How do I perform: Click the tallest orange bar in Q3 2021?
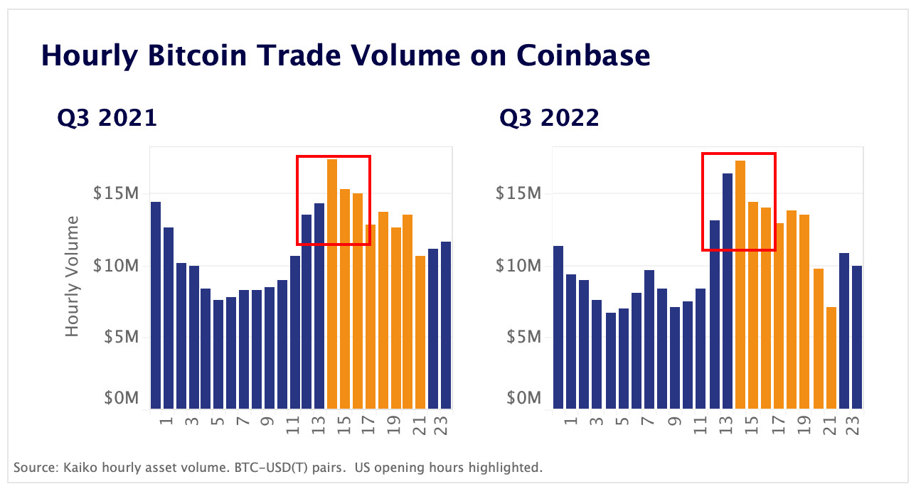(x=332, y=284)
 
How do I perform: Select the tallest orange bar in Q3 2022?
(x=740, y=285)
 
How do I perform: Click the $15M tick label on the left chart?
(x=116, y=193)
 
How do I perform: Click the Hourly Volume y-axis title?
(x=73, y=276)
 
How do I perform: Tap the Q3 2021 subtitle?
(x=107, y=117)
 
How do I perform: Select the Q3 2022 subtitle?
(x=549, y=117)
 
